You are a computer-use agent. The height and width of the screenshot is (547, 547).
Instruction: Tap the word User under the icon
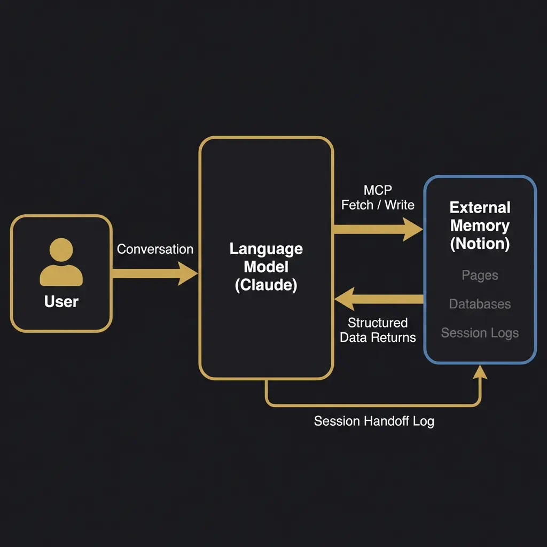(x=61, y=302)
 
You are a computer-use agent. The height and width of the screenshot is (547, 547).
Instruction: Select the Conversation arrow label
(x=155, y=249)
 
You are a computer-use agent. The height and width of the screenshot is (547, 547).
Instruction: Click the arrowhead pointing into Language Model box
(x=188, y=273)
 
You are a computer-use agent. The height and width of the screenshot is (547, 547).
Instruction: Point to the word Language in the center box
(x=266, y=249)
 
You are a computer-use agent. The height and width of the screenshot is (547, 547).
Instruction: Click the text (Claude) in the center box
(x=266, y=285)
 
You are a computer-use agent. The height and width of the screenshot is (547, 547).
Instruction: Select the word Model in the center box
(x=266, y=267)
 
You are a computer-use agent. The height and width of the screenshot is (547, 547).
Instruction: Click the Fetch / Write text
(x=378, y=205)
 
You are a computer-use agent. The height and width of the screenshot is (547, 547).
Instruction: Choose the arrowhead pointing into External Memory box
(x=413, y=229)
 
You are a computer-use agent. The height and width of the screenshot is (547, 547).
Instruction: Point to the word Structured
(x=378, y=323)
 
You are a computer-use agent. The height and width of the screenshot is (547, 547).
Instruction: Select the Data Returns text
(x=378, y=337)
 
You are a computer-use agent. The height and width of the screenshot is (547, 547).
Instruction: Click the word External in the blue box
(x=480, y=207)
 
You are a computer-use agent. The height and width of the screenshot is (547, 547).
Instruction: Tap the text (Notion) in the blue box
(x=480, y=244)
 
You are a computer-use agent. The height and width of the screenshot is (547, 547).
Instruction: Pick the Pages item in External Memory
(x=480, y=276)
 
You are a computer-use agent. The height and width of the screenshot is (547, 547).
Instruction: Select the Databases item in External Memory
(x=480, y=304)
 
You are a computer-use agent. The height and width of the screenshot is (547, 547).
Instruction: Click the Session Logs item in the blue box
(x=480, y=333)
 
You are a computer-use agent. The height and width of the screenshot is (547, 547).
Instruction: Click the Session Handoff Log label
(x=374, y=421)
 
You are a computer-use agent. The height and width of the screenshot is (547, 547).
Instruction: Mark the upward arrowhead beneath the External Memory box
(x=481, y=372)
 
